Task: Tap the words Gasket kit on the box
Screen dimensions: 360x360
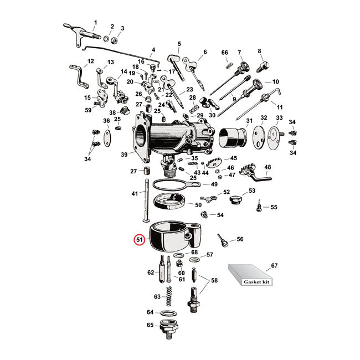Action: (251, 281)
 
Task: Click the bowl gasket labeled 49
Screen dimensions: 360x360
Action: (172, 184)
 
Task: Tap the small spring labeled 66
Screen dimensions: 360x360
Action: (226, 66)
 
